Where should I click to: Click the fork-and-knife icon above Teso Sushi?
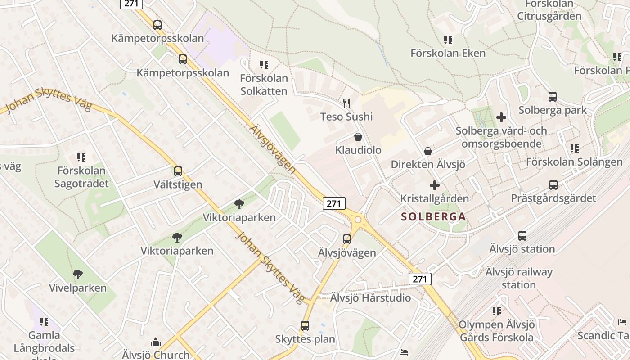346,103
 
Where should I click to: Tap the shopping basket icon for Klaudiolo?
358,137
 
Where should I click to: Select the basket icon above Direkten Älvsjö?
428,151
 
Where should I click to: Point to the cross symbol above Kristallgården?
435,185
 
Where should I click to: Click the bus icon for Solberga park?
553,96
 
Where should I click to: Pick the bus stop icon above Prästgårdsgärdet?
553,184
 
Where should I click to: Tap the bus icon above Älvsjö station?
522,235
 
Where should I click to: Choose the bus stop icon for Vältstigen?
178,171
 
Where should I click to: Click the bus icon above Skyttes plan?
305,325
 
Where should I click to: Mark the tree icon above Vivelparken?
78,274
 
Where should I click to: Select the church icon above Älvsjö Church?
156,342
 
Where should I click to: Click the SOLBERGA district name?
433,216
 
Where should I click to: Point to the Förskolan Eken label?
448,53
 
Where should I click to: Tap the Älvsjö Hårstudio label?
371,298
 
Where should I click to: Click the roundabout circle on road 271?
358,220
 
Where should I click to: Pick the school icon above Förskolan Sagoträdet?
81,157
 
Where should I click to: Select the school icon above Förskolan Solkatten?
264,65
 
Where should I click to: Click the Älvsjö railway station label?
519,278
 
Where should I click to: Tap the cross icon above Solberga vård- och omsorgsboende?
501,117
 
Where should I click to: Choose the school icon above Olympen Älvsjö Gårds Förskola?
497,311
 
